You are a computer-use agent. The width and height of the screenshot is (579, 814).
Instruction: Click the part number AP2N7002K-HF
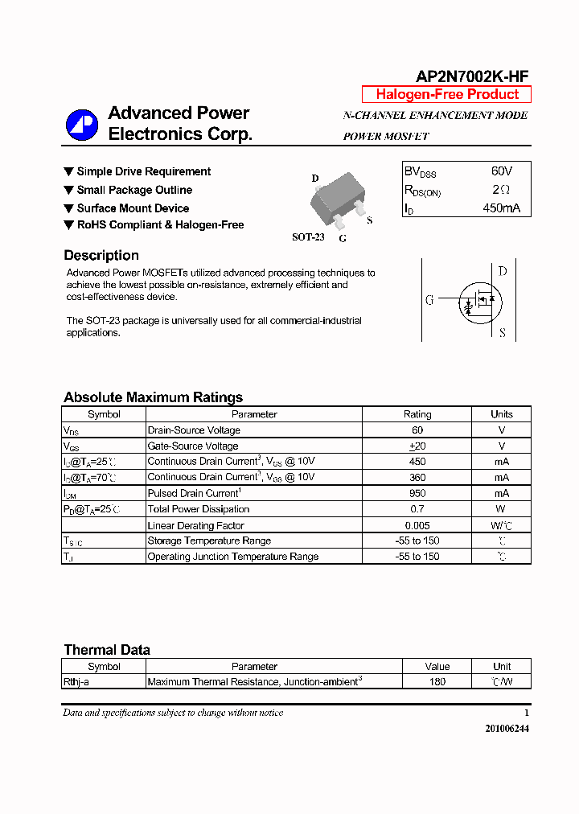pos(472,76)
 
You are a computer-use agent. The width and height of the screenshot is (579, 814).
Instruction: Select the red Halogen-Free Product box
pos(446,94)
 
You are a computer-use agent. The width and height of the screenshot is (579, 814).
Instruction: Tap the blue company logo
pos(81,125)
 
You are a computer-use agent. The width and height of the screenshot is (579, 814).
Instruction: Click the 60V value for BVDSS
pos(501,171)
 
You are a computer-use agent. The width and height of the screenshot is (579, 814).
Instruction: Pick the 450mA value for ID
pos(501,208)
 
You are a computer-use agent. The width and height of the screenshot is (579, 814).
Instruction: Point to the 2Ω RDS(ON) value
pos(501,190)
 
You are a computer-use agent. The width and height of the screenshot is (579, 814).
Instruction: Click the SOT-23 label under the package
pos(308,237)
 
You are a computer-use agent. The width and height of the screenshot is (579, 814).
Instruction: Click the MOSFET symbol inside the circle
pos(480,300)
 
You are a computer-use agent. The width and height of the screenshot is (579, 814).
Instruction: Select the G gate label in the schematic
pos(429,300)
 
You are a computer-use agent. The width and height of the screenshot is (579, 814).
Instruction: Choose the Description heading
pos(101,255)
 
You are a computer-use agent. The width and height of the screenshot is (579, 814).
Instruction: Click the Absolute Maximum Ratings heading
pos(153,397)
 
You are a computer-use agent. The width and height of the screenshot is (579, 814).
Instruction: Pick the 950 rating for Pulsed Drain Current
pos(417,493)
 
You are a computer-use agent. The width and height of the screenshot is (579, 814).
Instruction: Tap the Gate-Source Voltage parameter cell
pos(193,446)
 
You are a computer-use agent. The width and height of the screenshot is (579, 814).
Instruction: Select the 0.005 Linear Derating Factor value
pos(417,524)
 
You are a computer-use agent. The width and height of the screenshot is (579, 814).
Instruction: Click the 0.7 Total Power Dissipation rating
pos(417,509)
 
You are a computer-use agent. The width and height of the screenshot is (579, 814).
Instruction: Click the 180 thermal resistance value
pos(437,682)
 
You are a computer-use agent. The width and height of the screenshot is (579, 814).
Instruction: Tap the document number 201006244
pos(507,728)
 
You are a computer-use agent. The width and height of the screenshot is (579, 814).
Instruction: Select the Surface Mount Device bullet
pos(133,208)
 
